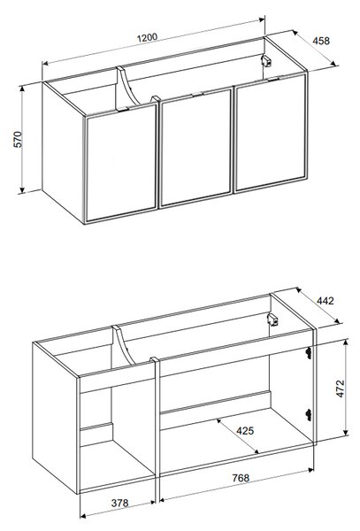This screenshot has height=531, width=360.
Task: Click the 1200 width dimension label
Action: (x=147, y=37)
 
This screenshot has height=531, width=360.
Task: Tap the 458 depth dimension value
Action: (x=321, y=41)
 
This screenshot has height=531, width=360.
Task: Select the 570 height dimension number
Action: (x=18, y=139)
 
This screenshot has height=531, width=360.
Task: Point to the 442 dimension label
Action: (x=326, y=301)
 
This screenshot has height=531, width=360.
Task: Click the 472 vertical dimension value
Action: (x=341, y=389)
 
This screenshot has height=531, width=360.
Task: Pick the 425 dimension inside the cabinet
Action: (x=245, y=431)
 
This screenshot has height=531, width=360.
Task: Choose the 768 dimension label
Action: (x=241, y=478)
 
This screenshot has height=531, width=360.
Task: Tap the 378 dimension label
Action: (x=119, y=503)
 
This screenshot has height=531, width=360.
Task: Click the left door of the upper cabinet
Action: (x=121, y=164)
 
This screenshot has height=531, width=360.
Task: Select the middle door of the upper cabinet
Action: (x=195, y=148)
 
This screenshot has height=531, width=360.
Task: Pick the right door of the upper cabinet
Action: (x=271, y=133)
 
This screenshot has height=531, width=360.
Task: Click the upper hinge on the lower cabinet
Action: (x=308, y=352)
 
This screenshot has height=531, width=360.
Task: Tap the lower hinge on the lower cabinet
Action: (x=308, y=414)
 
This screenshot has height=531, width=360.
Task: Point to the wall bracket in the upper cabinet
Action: (x=266, y=61)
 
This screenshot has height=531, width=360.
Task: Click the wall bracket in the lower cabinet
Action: (x=272, y=319)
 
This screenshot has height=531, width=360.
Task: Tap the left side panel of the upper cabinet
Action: (x=63, y=152)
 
